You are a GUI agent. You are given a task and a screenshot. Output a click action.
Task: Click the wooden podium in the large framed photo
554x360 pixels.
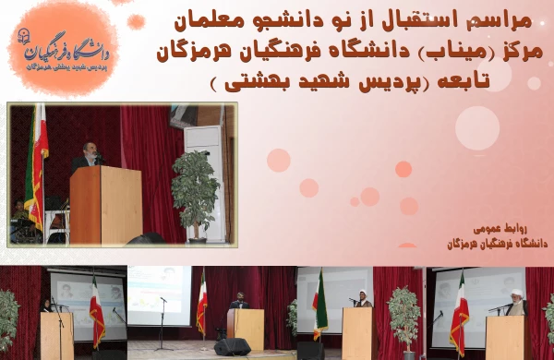[x=105, y=205]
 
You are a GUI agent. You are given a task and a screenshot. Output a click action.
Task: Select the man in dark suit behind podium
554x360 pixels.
[x=238, y=301]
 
